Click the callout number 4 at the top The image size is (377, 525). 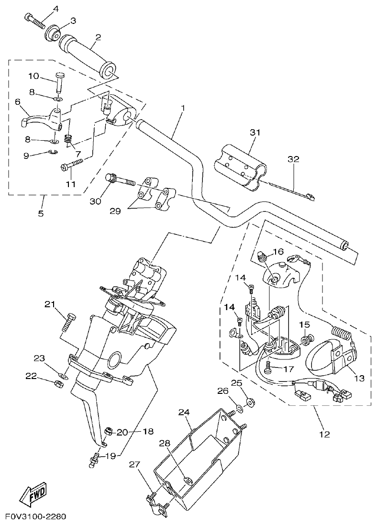click(x=55, y=9)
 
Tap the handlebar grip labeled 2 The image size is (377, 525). click(x=86, y=55)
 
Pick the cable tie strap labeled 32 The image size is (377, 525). click(x=287, y=190)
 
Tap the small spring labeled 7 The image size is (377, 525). click(x=68, y=139)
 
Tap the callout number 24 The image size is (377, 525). click(x=184, y=412)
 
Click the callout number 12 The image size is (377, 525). click(x=324, y=435)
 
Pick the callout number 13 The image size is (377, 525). click(x=359, y=378)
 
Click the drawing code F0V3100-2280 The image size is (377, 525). click(x=35, y=517)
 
